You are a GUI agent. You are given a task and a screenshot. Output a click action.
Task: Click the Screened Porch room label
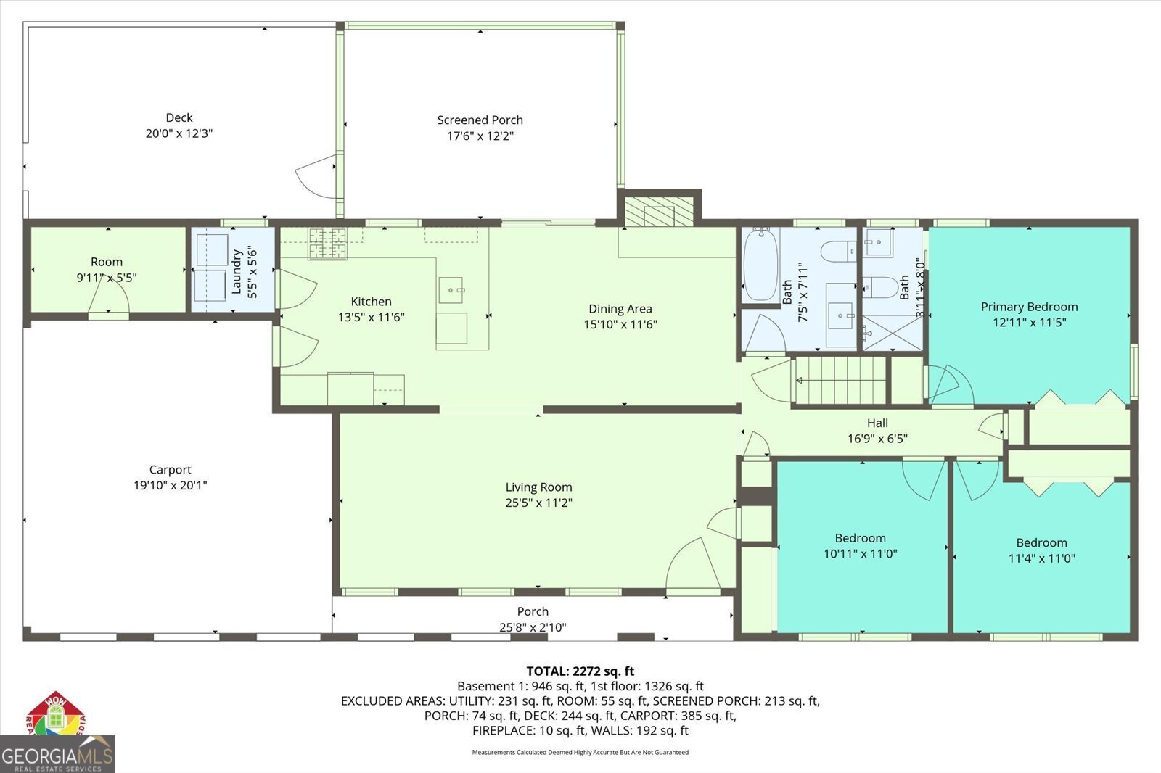(x=480, y=120)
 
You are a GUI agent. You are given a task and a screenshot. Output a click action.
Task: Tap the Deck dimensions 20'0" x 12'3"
(x=179, y=133)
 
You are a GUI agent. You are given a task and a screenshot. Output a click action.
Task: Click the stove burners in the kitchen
(x=328, y=243)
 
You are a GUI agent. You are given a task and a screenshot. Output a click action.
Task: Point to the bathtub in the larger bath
(x=760, y=264)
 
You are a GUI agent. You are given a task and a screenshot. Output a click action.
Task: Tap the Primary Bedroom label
(x=1029, y=307)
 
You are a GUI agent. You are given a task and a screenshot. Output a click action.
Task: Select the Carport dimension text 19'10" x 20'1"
(x=170, y=485)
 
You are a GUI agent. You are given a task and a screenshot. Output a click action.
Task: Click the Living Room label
(x=538, y=487)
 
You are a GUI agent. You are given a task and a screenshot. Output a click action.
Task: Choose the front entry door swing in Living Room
(x=693, y=566)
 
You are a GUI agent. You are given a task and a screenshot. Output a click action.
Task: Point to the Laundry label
(x=237, y=272)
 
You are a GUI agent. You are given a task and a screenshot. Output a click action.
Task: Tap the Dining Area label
(x=620, y=309)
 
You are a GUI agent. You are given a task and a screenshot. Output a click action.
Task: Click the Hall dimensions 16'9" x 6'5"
(x=877, y=439)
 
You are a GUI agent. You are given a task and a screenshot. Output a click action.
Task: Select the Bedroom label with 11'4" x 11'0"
(x=1041, y=542)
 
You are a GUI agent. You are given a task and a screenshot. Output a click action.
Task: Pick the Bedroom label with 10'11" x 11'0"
(x=860, y=538)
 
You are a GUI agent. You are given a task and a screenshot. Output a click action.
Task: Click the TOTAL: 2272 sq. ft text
(x=580, y=671)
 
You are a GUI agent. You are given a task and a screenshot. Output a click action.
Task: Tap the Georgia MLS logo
(x=57, y=754)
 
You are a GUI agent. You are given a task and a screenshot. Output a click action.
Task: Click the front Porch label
(x=532, y=611)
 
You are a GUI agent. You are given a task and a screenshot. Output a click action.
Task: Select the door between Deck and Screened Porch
(x=316, y=177)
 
